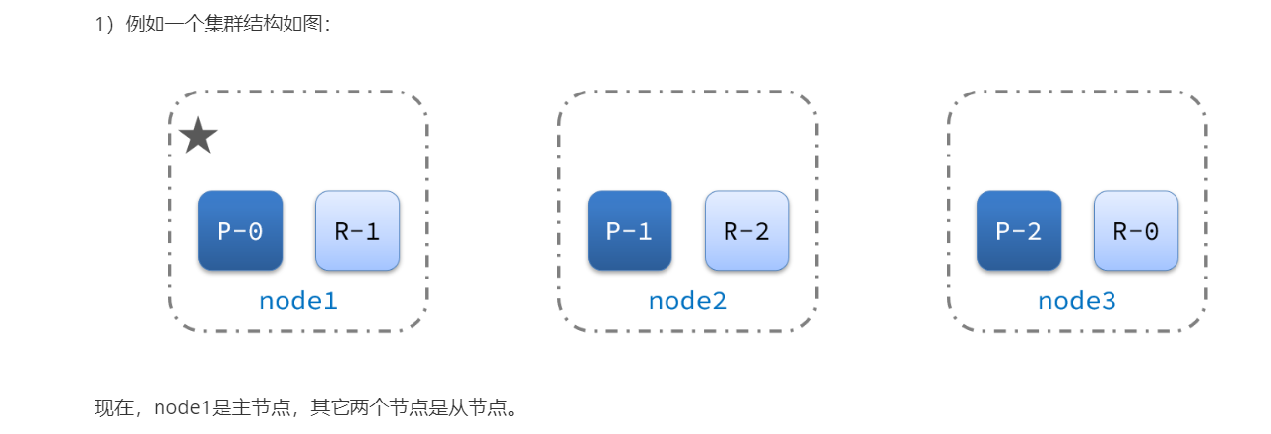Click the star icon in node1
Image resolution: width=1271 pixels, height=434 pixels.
click(x=198, y=136)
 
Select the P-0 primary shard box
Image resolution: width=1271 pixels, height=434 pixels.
click(x=240, y=230)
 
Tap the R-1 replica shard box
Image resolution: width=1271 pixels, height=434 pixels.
click(x=357, y=230)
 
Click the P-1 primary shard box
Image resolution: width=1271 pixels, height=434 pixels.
click(x=630, y=230)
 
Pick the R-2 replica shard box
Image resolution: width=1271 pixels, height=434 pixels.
click(x=746, y=230)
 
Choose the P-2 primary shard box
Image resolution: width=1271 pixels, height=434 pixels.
click(x=1019, y=230)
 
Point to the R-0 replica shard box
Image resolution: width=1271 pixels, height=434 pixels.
click(x=1136, y=230)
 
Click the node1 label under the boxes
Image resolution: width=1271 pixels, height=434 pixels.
click(x=298, y=301)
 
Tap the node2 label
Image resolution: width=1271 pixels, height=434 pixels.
click(x=687, y=301)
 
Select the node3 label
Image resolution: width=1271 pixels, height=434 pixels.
click(x=1077, y=301)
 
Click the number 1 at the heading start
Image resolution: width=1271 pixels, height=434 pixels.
click(x=99, y=25)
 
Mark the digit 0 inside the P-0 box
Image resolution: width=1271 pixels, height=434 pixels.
click(x=255, y=231)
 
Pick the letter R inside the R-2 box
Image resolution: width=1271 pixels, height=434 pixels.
click(x=731, y=231)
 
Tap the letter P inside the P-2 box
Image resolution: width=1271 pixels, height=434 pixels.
click(x=1003, y=231)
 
